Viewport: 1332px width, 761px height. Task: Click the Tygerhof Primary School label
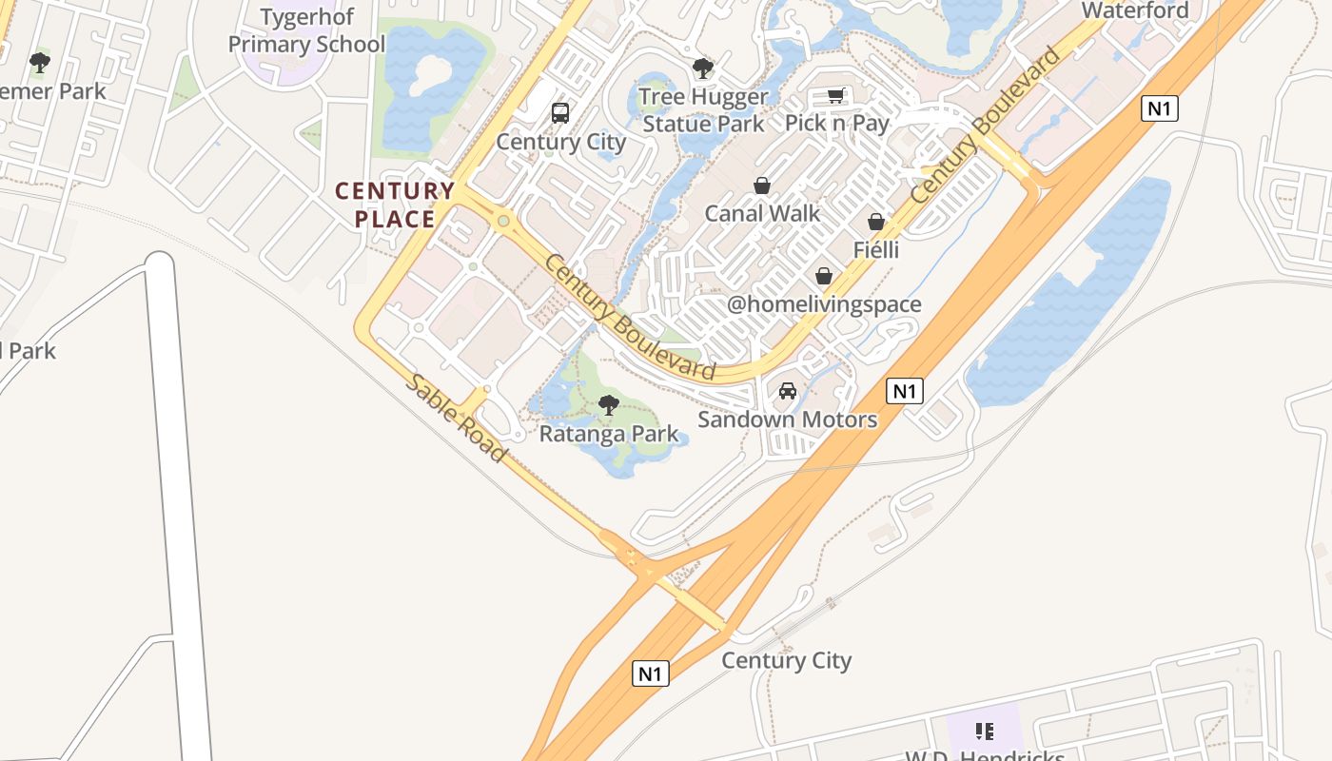(306, 31)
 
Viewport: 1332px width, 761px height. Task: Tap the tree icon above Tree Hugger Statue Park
(703, 68)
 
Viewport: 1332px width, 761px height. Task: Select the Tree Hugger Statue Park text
(703, 110)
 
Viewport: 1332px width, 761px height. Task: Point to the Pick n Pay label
(836, 123)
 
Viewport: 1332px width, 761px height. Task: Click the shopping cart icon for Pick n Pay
(835, 95)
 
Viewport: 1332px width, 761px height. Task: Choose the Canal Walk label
(762, 213)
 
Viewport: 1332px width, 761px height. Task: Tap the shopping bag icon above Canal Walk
(762, 185)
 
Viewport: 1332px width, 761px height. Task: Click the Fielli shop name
(876, 250)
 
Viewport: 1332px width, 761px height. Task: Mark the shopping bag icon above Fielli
(876, 222)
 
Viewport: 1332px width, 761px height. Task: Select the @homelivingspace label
(824, 304)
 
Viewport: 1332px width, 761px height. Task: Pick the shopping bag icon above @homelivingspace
(824, 276)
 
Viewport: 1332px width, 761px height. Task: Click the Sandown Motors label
(788, 420)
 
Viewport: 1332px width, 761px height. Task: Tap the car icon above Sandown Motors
(788, 391)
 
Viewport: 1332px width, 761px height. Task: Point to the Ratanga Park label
(609, 435)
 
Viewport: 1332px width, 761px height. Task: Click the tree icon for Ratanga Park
(609, 406)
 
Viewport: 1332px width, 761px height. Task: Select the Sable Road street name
(457, 418)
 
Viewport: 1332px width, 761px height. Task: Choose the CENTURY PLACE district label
(395, 205)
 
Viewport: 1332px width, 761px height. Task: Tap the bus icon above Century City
(560, 113)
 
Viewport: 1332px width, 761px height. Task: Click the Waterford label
(1135, 10)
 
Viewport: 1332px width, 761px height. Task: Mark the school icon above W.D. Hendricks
(985, 732)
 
